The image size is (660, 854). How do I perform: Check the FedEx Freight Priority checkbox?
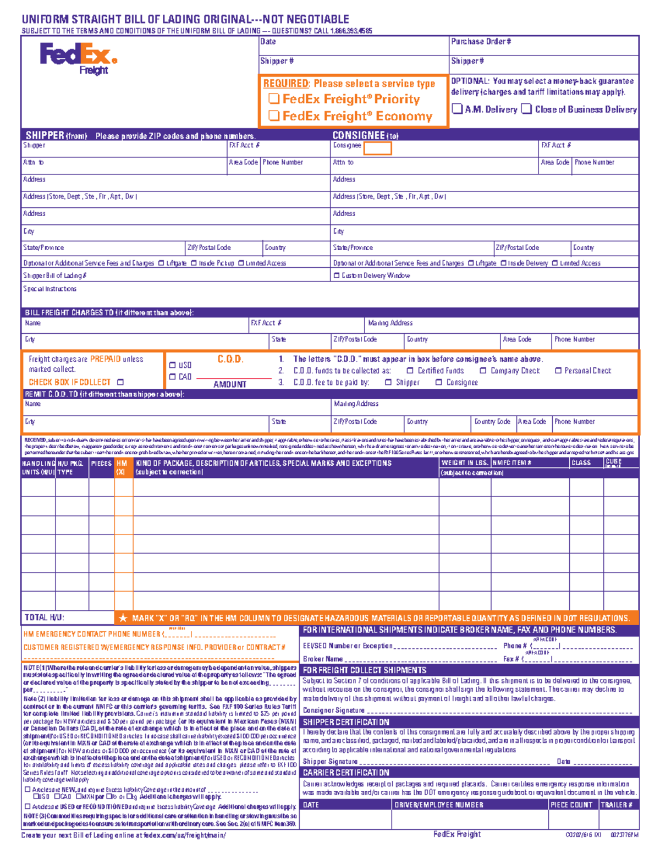pyautogui.click(x=274, y=99)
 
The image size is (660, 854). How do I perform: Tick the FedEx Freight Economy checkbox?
pyautogui.click(x=274, y=115)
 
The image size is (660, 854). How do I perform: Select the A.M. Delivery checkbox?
pyautogui.click(x=457, y=109)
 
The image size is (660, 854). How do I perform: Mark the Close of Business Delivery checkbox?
pyautogui.click(x=526, y=109)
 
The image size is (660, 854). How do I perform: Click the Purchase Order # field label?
pyautogui.click(x=481, y=42)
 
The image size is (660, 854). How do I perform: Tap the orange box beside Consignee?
pyautogui.click(x=377, y=148)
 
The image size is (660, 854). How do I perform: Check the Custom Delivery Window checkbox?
pyautogui.click(x=337, y=276)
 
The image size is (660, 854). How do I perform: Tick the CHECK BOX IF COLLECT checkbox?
pyautogui.click(x=120, y=382)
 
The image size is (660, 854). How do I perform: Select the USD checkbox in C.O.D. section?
pyautogui.click(x=173, y=365)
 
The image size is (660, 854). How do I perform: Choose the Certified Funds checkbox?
pyautogui.click(x=410, y=371)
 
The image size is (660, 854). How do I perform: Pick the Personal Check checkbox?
pyautogui.click(x=558, y=371)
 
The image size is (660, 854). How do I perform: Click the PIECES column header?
pyautogui.click(x=101, y=464)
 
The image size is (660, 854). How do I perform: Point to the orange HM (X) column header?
pyautogui.click(x=122, y=467)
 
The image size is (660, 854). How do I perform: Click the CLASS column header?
pyautogui.click(x=581, y=463)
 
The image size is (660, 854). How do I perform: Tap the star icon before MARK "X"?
pyautogui.click(x=123, y=618)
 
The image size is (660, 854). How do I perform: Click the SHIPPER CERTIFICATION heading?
pyautogui.click(x=346, y=722)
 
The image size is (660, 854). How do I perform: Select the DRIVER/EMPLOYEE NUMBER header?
pyautogui.click(x=438, y=805)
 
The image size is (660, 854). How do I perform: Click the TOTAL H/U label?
pyautogui.click(x=45, y=618)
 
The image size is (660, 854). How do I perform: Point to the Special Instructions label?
pyautogui.click(x=50, y=289)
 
